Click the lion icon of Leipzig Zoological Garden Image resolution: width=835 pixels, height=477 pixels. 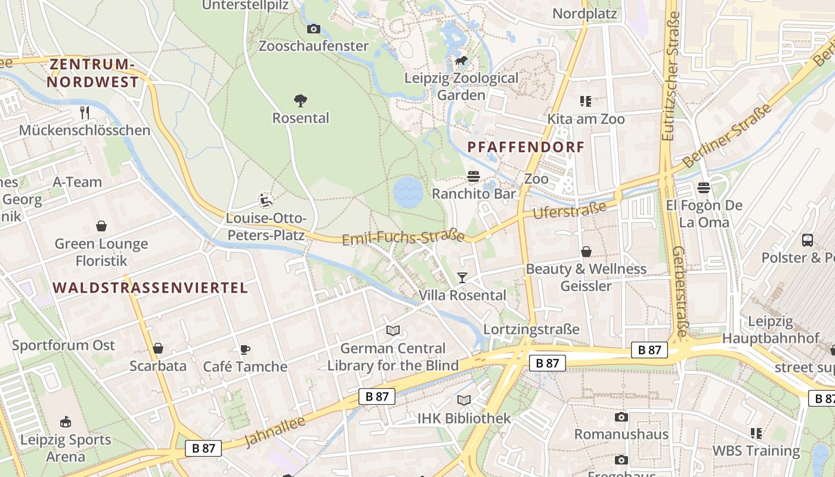click(460, 60)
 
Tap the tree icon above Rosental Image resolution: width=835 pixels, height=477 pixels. click(301, 100)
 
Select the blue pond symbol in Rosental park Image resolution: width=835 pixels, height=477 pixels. click(408, 192)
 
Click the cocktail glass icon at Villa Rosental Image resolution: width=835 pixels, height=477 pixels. click(462, 277)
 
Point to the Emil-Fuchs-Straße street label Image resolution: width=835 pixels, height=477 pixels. click(403, 237)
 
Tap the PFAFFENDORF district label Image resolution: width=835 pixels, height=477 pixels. click(525, 147)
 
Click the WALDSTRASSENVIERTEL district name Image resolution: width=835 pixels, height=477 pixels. click(150, 288)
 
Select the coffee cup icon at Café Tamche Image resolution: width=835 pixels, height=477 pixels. click(245, 349)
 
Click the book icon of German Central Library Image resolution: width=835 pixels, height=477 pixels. click(392, 330)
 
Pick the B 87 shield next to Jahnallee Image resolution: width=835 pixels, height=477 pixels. click(377, 397)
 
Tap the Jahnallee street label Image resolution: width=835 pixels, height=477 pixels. click(275, 432)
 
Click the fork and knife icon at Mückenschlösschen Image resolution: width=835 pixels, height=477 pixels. click(85, 112)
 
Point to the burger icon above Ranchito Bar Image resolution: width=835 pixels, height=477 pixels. click(474, 176)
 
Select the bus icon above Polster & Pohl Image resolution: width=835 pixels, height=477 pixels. click(807, 240)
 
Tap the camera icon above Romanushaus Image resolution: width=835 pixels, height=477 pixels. click(621, 417)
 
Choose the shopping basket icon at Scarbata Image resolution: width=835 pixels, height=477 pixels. click(158, 348)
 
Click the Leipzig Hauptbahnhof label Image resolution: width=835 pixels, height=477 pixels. click(771, 330)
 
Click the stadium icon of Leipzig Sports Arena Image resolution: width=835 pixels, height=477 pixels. click(66, 422)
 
